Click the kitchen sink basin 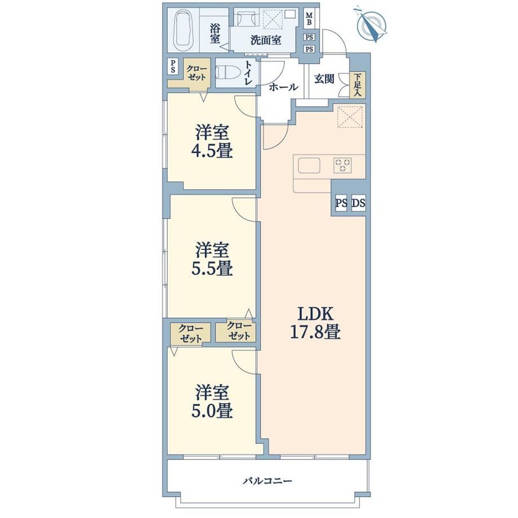[x=309, y=166]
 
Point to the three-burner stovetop [x=342, y=165]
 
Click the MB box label [x=310, y=19]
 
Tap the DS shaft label [x=359, y=203]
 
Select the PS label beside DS [x=341, y=203]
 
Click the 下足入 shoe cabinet [x=358, y=84]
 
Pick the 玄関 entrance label [x=324, y=79]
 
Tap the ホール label [x=283, y=87]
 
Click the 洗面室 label [x=266, y=41]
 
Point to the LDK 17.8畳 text [x=315, y=323]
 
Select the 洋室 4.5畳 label [x=212, y=141]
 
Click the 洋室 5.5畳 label [x=212, y=258]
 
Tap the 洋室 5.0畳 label [x=212, y=401]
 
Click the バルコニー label [x=267, y=481]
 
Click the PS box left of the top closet [x=173, y=66]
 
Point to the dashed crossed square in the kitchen [x=350, y=117]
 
